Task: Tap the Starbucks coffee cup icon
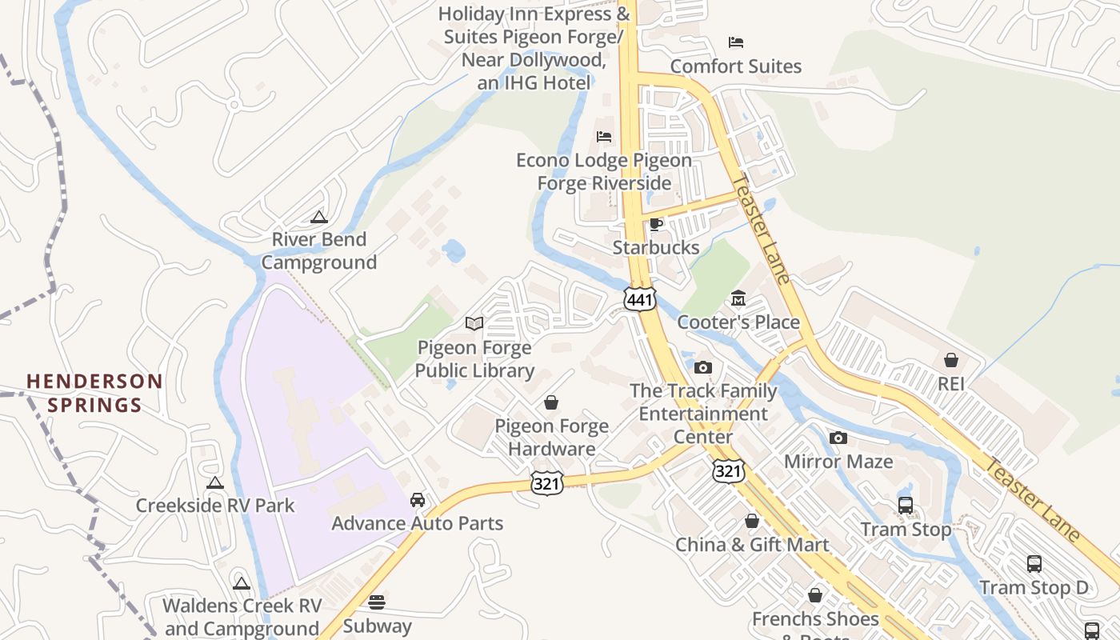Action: (656, 224)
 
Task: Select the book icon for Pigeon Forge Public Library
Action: (474, 323)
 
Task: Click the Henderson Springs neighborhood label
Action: (94, 393)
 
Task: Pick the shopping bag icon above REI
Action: (951, 360)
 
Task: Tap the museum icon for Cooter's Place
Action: (738, 299)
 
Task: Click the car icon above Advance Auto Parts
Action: (418, 500)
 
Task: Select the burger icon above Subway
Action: (377, 602)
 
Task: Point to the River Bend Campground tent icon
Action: (319, 216)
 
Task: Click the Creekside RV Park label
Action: (215, 506)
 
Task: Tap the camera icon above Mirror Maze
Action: (838, 438)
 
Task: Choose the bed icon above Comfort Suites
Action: (736, 42)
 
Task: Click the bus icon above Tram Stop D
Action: (1034, 564)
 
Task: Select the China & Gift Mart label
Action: (752, 545)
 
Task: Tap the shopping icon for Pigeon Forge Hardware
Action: (551, 402)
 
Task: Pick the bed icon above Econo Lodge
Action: (604, 137)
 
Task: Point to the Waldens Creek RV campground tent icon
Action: (242, 583)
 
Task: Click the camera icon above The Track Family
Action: (703, 367)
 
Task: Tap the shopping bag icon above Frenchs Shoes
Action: (815, 595)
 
